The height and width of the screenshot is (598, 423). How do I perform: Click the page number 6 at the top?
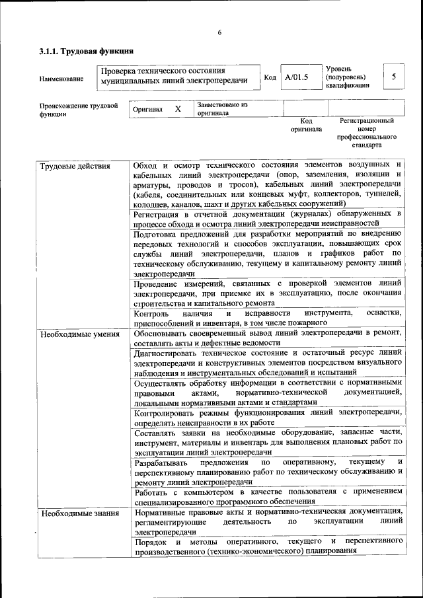tap(219, 33)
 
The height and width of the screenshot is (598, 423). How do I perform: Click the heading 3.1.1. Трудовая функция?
tap(87, 50)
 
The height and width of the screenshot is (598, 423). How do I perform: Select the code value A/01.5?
tap(297, 77)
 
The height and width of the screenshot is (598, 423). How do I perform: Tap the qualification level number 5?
tap(394, 77)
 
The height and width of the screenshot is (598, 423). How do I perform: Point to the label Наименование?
tap(61, 79)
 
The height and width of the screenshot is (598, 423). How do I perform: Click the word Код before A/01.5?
tap(270, 77)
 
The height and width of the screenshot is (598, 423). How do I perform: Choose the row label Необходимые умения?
tap(79, 334)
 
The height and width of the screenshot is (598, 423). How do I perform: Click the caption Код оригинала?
tap(306, 125)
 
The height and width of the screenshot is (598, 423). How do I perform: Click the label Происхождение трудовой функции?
tap(79, 109)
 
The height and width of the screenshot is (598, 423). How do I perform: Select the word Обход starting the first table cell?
tap(146, 165)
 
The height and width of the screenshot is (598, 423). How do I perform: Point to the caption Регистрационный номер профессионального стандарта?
tap(367, 132)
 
